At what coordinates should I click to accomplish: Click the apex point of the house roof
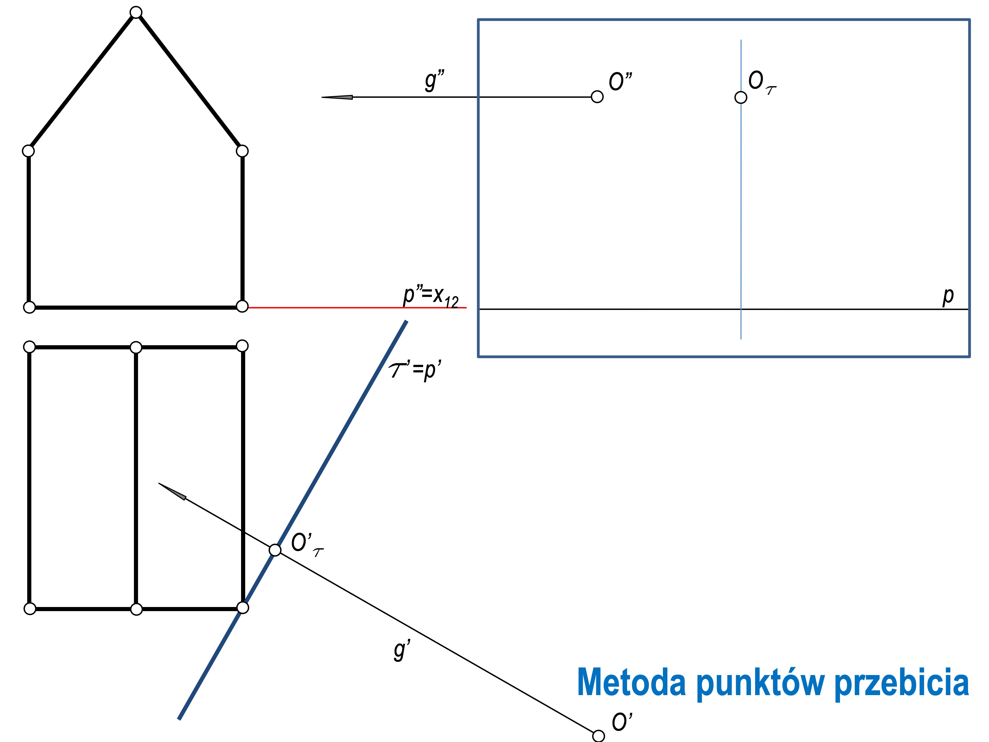(136, 12)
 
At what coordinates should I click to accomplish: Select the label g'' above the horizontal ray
(434, 80)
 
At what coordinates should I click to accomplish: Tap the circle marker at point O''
(597, 97)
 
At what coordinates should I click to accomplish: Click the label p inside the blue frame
(948, 296)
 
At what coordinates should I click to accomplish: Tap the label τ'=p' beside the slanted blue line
(415, 370)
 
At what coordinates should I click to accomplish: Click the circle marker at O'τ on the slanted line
(275, 550)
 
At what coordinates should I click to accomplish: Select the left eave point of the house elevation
(28, 151)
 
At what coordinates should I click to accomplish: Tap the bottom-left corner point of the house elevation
(29, 307)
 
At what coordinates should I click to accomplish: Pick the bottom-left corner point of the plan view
(30, 609)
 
